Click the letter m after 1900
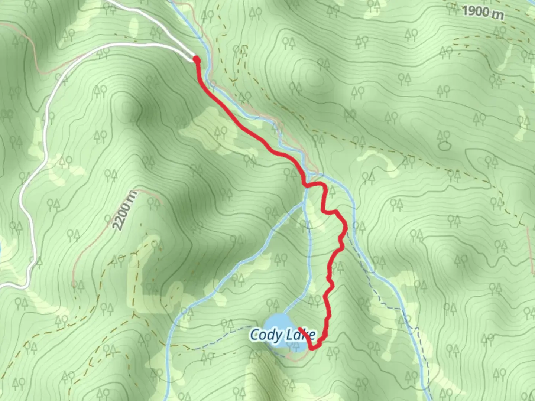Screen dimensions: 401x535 (x=497, y=14)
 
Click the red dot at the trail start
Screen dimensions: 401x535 (x=197, y=59)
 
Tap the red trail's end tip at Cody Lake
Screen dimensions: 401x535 (x=299, y=329)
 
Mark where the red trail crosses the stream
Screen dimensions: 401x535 (x=306, y=185)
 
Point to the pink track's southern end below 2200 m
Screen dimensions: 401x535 (x=74, y=284)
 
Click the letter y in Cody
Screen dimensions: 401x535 (x=277, y=336)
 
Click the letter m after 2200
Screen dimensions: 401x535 (x=132, y=196)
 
